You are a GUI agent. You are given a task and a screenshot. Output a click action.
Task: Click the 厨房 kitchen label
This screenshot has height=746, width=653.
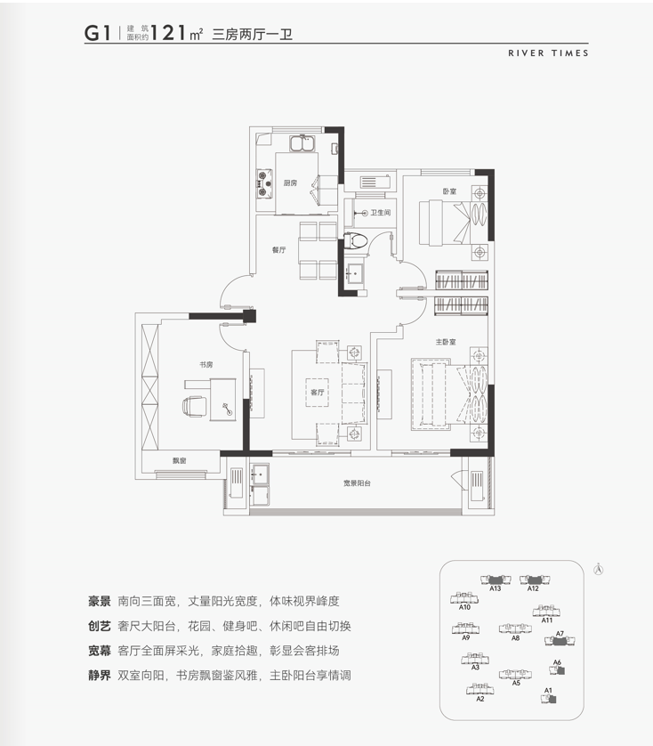(x=290, y=182)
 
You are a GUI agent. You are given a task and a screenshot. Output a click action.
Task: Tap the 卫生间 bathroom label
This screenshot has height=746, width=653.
(x=381, y=213)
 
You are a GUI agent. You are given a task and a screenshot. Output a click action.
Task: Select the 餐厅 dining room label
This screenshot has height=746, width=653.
(x=278, y=250)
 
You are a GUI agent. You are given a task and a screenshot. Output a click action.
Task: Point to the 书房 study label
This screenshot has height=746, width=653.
(x=206, y=365)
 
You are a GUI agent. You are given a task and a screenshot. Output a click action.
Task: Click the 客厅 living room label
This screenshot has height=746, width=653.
(x=318, y=392)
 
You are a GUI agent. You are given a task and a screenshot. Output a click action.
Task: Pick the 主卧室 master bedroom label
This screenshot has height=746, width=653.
(x=446, y=342)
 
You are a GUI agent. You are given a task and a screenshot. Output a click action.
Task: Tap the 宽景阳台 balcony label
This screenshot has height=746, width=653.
(x=357, y=483)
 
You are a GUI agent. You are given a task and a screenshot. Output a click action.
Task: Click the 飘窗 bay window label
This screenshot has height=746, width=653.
(x=180, y=460)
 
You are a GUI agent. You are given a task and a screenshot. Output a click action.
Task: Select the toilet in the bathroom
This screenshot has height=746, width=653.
(x=355, y=239)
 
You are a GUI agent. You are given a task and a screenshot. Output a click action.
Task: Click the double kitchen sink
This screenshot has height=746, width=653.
(x=302, y=143)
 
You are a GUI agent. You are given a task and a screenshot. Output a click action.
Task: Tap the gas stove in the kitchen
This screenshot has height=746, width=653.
(x=265, y=184)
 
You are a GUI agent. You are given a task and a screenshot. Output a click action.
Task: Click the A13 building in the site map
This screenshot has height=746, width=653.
(x=496, y=580)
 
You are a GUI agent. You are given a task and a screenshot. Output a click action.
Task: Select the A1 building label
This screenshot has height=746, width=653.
(x=548, y=690)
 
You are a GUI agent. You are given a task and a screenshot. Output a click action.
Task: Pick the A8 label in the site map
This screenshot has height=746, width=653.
(x=516, y=638)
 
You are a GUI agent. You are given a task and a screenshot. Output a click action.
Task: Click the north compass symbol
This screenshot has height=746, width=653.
(x=599, y=569)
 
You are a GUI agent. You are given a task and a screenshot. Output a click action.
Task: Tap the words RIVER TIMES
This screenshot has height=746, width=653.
(x=548, y=53)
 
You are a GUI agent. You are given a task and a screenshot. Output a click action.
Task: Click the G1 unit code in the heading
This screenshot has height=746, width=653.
(x=98, y=33)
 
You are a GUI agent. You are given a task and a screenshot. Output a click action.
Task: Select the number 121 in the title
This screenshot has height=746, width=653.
(x=168, y=33)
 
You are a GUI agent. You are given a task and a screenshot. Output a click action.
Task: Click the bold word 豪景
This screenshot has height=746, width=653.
(x=100, y=602)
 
